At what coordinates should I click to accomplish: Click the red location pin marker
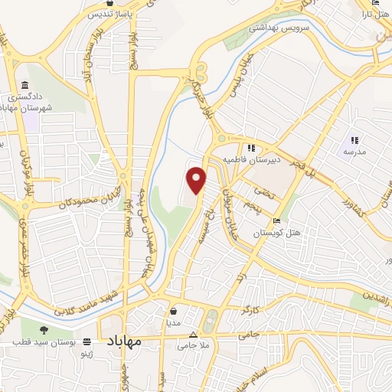tap(197, 179)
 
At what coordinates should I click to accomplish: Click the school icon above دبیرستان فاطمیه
tap(250, 148)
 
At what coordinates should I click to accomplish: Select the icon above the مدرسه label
tap(354, 139)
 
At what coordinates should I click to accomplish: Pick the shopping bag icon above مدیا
tap(174, 312)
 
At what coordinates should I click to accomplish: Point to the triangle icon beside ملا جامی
tap(193, 335)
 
